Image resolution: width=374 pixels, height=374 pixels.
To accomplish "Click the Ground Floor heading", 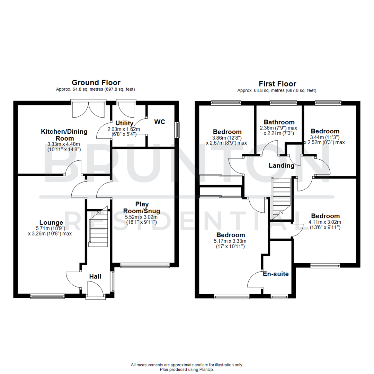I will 96,82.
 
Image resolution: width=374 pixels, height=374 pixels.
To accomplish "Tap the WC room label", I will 160,122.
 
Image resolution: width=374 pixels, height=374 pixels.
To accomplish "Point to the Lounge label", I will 51,222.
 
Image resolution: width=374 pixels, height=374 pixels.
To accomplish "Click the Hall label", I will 95,276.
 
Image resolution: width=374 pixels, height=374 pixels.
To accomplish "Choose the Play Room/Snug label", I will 140,207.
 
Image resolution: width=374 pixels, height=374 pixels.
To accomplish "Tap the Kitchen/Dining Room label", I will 64,135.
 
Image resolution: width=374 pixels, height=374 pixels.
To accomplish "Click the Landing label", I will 282,166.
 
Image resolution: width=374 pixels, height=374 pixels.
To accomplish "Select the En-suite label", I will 276,274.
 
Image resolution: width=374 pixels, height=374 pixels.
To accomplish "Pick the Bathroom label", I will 279,122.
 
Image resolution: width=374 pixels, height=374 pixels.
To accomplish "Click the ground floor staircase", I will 98,229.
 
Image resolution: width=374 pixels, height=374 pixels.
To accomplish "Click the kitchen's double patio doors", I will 88,108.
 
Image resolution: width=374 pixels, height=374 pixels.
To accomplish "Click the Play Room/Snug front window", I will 145,266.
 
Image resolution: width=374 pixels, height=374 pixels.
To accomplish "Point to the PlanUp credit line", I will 187,369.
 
